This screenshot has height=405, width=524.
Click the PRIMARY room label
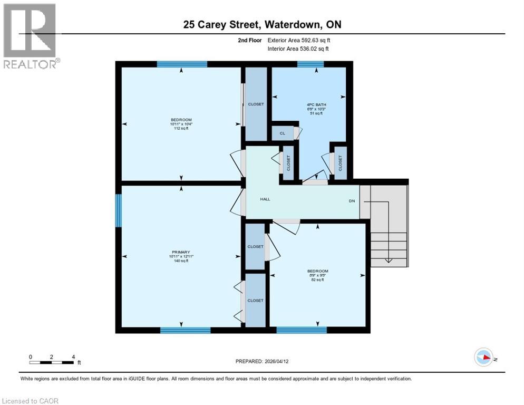(x=181, y=252)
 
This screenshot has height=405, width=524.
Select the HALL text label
(x=265, y=199)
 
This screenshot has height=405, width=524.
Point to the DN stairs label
(x=352, y=201)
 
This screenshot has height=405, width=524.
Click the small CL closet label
(x=283, y=133)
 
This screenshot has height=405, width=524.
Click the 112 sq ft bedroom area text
(x=181, y=128)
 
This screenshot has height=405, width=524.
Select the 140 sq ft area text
(x=181, y=261)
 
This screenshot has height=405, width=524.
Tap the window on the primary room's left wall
(x=119, y=210)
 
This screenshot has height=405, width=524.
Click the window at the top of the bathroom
(x=310, y=64)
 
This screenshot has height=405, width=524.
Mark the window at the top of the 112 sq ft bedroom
(x=182, y=64)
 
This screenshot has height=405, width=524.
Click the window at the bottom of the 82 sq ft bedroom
(x=302, y=330)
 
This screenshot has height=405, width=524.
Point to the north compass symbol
(x=483, y=357)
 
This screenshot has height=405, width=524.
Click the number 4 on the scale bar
(x=73, y=356)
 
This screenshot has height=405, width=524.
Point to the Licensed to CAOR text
(x=30, y=401)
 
